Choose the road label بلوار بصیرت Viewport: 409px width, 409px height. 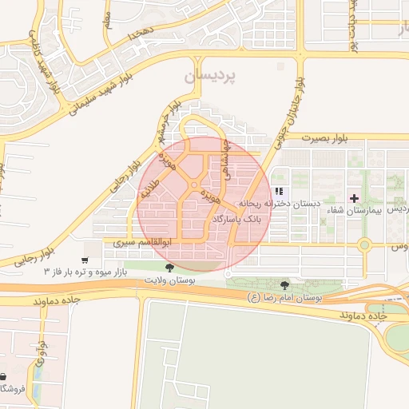328,137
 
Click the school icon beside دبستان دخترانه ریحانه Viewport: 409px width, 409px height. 279,191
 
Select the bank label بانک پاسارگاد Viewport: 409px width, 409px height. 238,217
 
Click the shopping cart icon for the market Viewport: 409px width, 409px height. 85,260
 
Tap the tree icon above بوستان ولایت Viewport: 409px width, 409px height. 169,268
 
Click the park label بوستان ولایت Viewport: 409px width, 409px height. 169,280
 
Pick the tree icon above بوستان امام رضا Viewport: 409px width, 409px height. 285,284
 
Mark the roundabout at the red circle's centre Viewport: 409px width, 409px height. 194,187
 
